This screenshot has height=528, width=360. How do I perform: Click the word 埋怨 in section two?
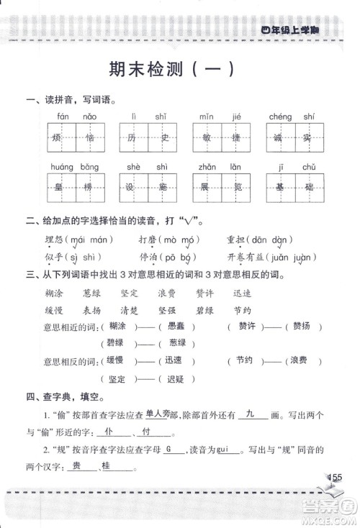55,240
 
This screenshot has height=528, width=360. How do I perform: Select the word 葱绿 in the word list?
92,293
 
